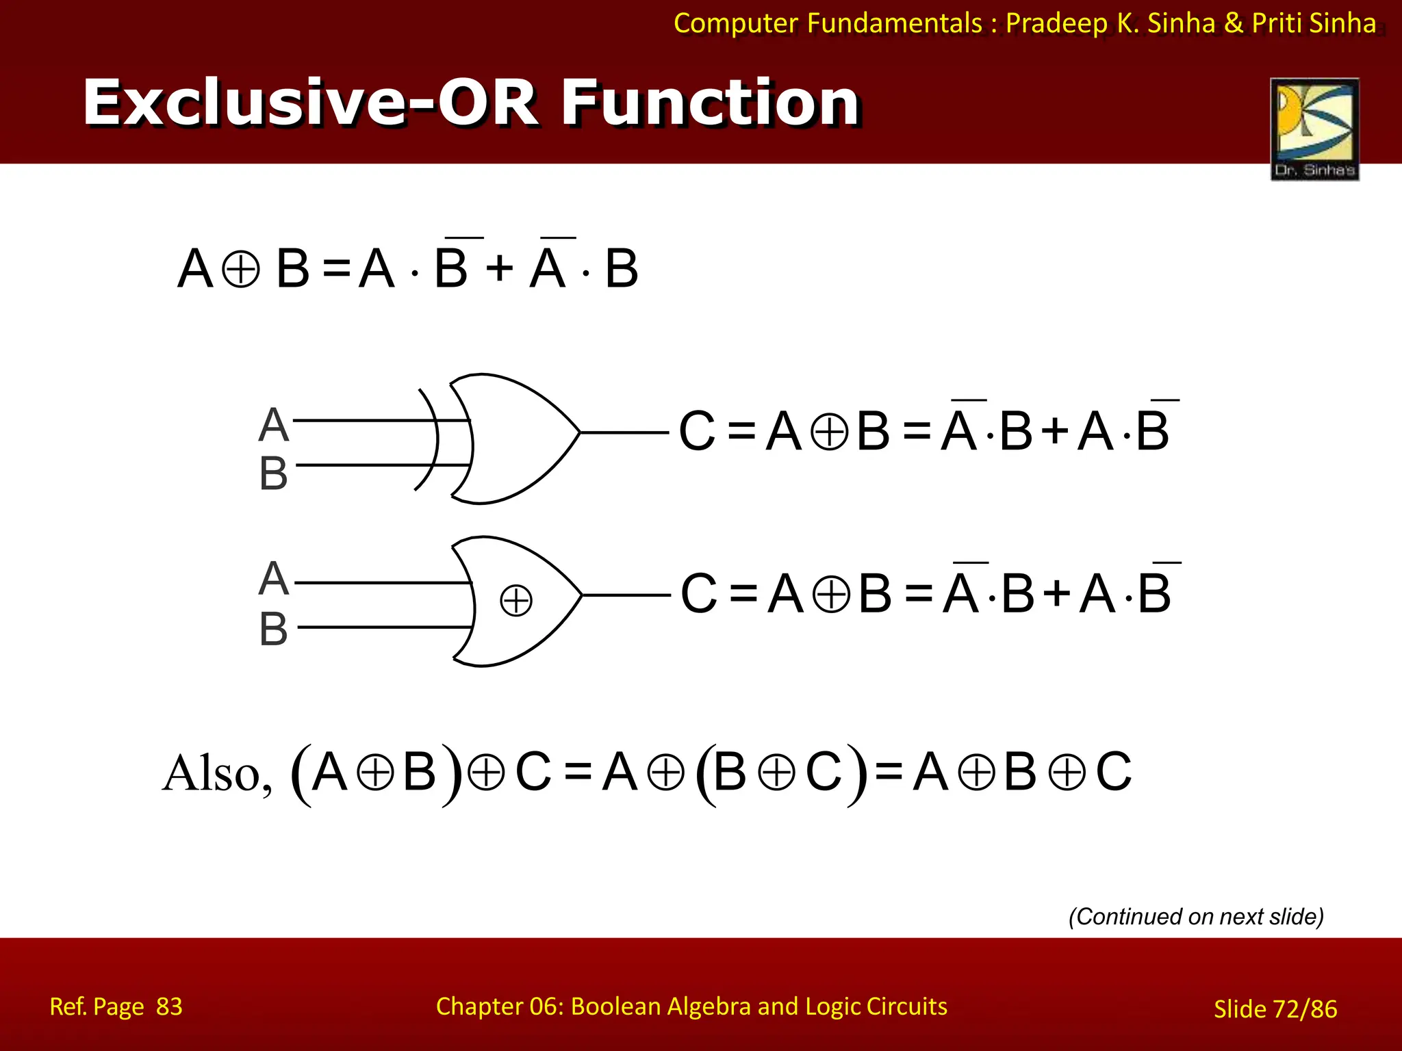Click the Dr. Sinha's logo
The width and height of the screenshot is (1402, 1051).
pos(1314,129)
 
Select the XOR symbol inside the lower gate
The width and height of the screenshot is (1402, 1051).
pos(515,601)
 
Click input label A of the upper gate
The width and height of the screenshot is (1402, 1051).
pos(273,425)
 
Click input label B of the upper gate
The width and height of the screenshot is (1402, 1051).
pos(273,473)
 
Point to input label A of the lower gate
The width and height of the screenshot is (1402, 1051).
pos(273,579)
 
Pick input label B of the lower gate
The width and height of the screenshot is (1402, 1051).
pos(273,629)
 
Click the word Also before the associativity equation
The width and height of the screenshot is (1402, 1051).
pos(216,774)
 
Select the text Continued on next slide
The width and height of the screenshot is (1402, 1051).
pos(1196,916)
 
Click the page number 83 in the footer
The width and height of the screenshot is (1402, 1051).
pos(169,1007)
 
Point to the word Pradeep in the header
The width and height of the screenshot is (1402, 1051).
pos(1057,23)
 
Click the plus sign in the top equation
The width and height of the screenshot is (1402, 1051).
pos(499,268)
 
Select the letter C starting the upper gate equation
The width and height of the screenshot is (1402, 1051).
pos(697,432)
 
